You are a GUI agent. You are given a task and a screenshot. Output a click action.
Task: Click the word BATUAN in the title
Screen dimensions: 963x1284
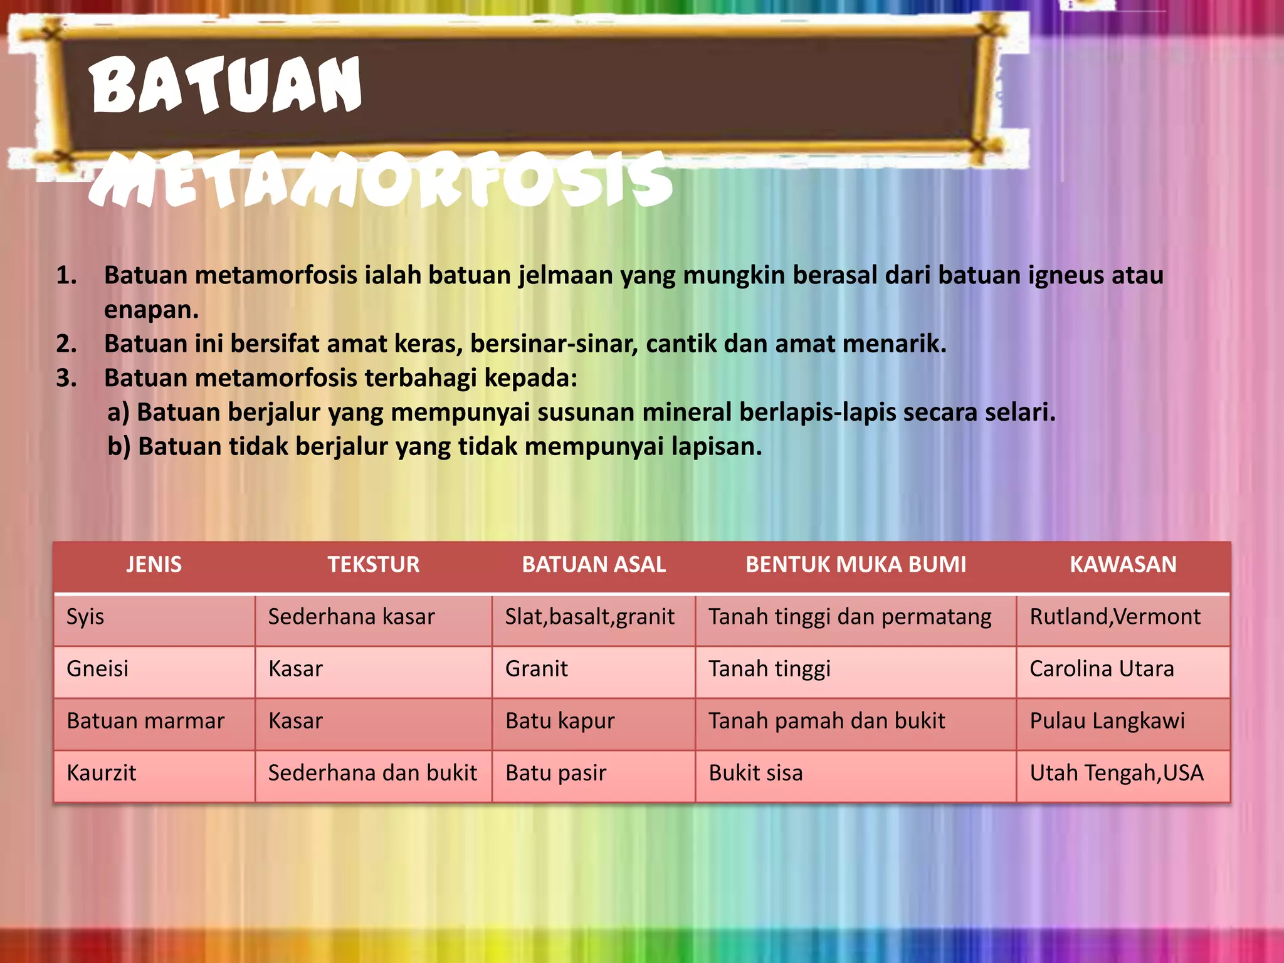226,85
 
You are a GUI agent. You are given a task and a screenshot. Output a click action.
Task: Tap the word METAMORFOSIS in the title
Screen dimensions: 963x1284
380,181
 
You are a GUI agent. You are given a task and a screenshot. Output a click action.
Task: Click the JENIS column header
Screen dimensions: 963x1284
154,564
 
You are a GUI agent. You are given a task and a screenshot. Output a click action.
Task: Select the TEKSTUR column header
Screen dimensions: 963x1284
373,564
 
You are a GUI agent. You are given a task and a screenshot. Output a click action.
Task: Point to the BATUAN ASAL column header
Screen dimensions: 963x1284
594,564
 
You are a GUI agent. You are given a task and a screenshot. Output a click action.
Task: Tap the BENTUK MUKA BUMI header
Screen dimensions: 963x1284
855,564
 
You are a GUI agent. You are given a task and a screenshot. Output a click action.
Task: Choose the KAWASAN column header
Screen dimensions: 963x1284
1122,564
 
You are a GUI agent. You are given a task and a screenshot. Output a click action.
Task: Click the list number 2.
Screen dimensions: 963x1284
66,344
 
